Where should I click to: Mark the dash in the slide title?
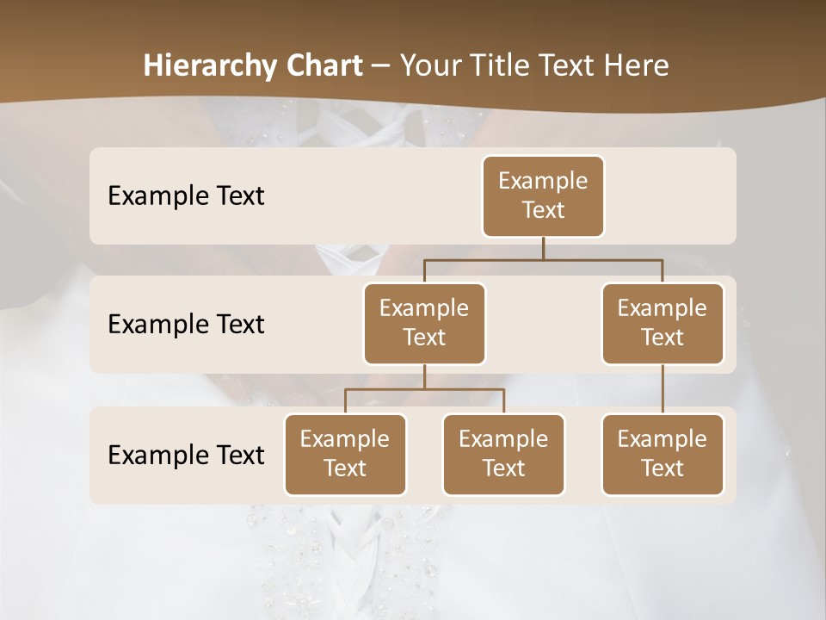coord(380,66)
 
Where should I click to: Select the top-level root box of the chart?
coord(543,196)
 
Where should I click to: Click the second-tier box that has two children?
coord(424,324)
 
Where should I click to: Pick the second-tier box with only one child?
coord(663,324)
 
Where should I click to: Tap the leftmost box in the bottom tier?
coord(345,455)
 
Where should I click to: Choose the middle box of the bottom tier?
coord(503,455)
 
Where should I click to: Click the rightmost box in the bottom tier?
coord(663,455)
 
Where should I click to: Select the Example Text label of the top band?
coord(186,196)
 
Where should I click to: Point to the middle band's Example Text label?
coord(186,325)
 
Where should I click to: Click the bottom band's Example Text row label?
coord(186,456)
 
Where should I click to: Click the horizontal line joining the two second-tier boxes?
coord(543,259)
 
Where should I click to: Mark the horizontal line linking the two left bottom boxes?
coord(424,389)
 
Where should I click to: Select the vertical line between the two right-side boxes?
coord(663,389)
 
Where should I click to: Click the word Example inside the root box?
coord(543,181)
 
